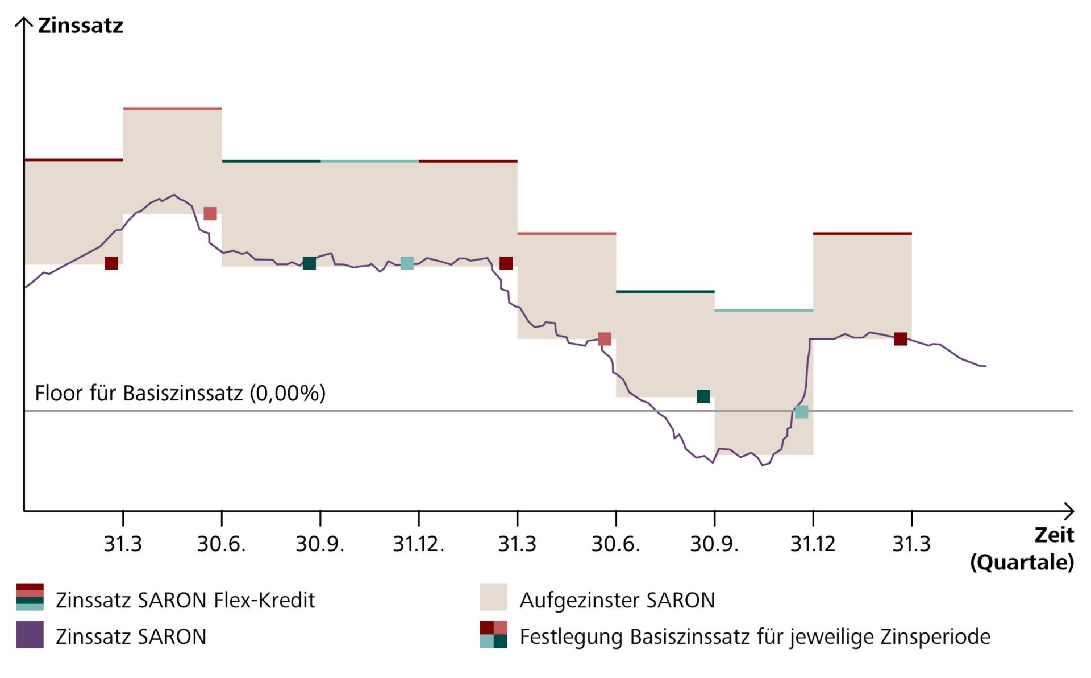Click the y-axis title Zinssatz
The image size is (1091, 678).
(x=80, y=26)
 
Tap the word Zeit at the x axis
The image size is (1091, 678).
(x=1054, y=535)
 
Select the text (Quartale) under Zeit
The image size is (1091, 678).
(x=1022, y=562)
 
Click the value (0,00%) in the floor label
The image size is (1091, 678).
(x=288, y=393)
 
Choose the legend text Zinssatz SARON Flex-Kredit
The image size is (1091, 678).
(x=185, y=600)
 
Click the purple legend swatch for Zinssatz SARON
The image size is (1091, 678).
(x=30, y=635)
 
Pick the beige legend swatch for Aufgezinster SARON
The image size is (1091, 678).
(x=493, y=597)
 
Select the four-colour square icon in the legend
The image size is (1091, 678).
(x=493, y=635)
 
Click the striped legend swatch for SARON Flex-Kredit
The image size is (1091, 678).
(x=30, y=597)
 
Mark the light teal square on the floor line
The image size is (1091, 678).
(x=801, y=411)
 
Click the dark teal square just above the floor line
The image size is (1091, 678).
(x=703, y=396)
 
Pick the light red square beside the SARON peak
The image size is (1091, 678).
(x=210, y=213)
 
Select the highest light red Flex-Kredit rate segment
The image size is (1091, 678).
(x=172, y=108)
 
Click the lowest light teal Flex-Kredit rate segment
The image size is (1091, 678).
(x=764, y=311)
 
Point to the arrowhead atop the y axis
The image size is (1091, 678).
(x=24, y=22)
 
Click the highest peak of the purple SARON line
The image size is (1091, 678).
(x=174, y=195)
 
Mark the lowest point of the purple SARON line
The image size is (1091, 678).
(x=763, y=465)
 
